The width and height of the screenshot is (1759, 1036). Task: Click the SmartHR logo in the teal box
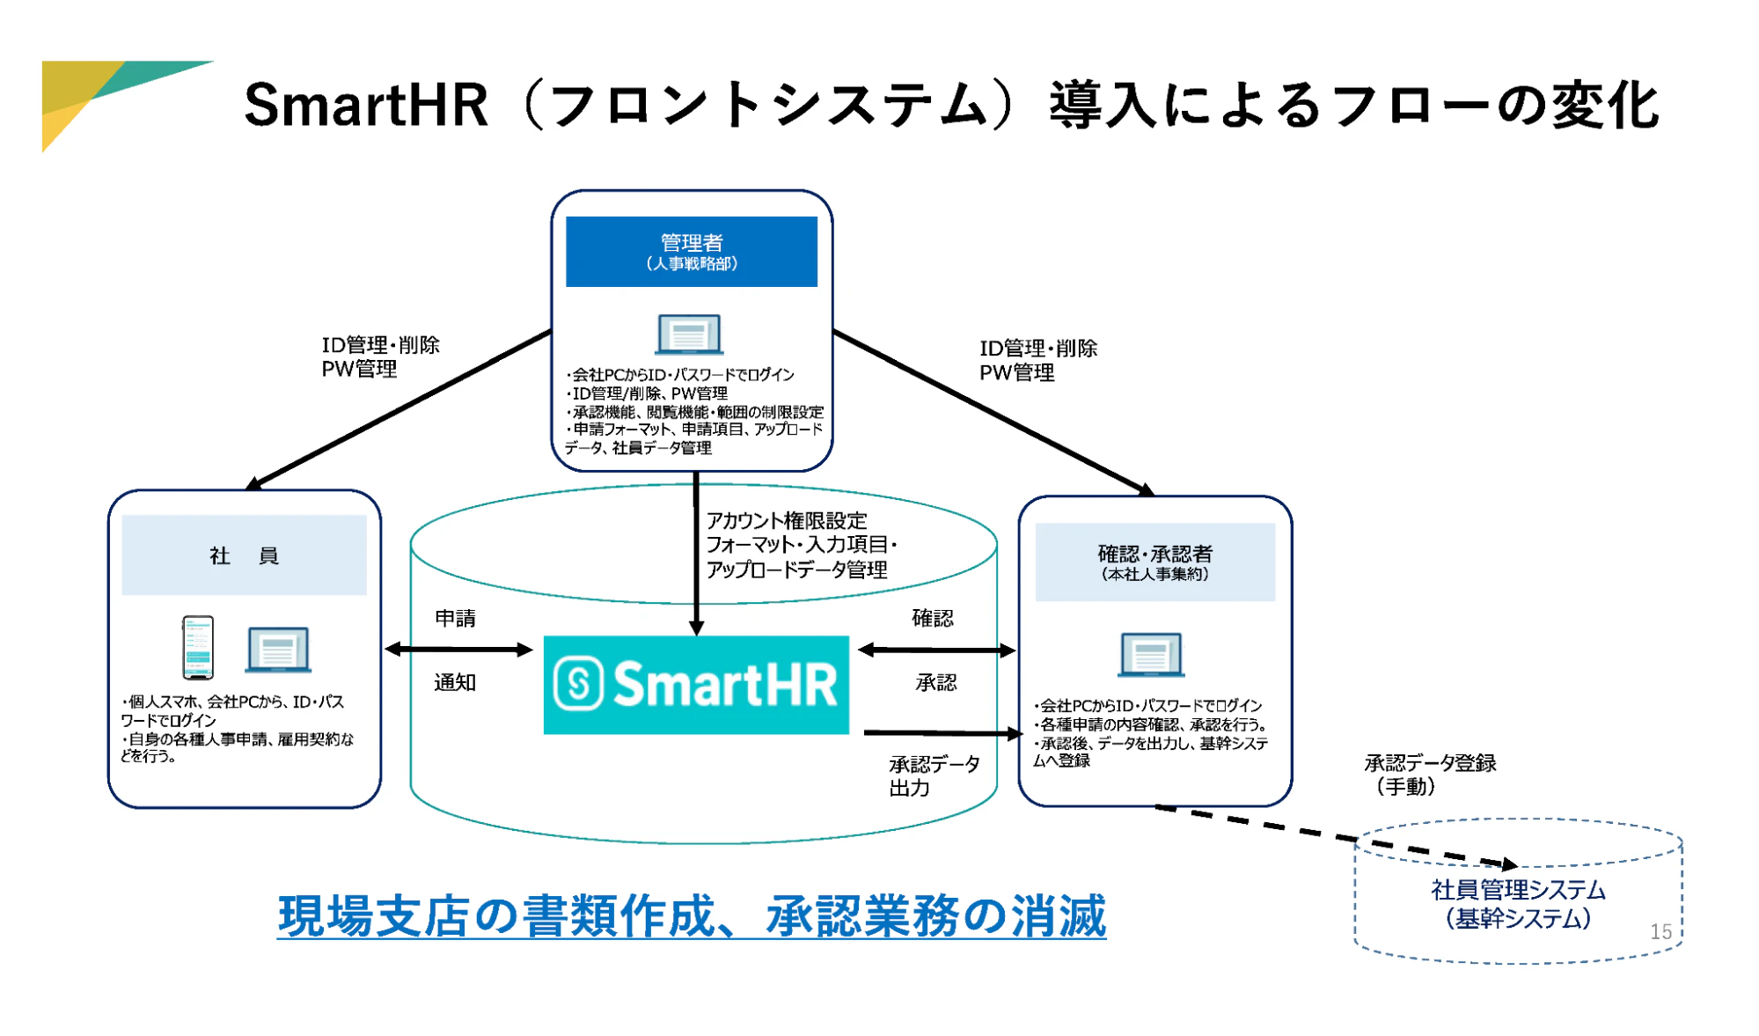(x=696, y=684)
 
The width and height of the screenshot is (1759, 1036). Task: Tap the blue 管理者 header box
(x=692, y=252)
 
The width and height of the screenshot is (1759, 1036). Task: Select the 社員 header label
(x=244, y=555)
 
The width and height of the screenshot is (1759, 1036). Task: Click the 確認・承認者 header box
(x=1155, y=562)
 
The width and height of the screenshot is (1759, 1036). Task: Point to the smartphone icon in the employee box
(x=198, y=647)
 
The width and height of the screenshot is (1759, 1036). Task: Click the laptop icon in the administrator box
(x=689, y=334)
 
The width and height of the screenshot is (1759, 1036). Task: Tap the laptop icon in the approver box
(x=1151, y=655)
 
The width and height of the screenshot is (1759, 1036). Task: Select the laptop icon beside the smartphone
(x=278, y=650)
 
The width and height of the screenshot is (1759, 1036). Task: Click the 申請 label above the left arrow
(x=455, y=618)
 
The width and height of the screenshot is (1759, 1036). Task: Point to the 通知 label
(x=455, y=682)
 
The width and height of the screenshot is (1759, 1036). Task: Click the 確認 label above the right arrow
(x=933, y=618)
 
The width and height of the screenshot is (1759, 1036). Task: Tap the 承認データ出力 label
(x=934, y=775)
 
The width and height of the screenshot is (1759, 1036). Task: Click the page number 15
(x=1660, y=931)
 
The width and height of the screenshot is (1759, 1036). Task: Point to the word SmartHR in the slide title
(x=365, y=105)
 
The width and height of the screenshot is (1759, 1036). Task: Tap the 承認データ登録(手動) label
(x=1430, y=775)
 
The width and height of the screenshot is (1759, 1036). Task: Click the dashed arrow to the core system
(x=1337, y=835)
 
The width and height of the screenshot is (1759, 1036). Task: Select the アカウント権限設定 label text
(x=787, y=520)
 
